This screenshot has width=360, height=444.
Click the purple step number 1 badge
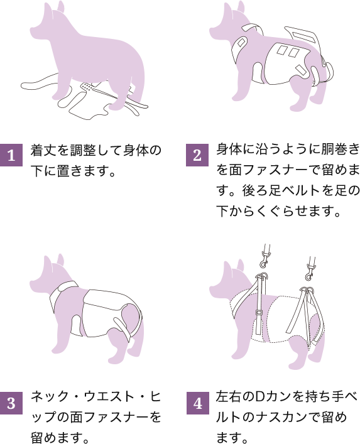tap(11, 155)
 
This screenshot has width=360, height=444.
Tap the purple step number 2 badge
tap(197, 155)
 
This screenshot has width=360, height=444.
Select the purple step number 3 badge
tap(11, 403)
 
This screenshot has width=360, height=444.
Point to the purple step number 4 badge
tap(198, 403)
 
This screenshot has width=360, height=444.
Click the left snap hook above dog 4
tap(265, 257)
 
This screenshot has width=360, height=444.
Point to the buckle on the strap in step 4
tap(259, 312)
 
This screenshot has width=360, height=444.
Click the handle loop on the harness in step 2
tap(302, 36)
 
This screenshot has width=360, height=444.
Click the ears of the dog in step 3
tap(54, 261)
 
